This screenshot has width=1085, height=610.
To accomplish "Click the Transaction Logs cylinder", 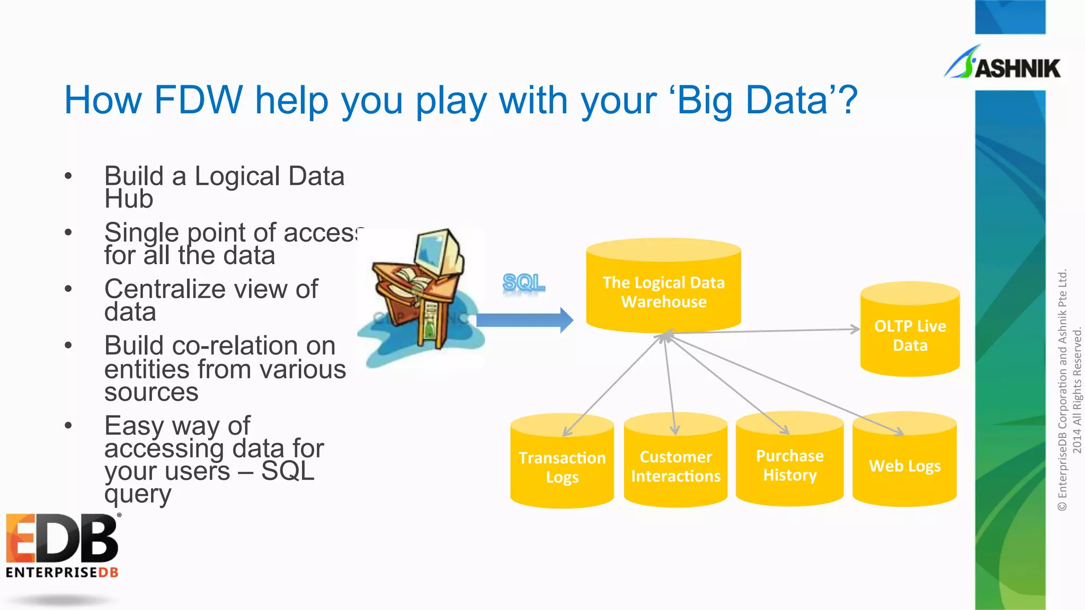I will pos(562,466).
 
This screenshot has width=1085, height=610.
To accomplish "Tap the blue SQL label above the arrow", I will pos(523,282).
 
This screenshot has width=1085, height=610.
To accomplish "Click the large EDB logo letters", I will pos(62,539).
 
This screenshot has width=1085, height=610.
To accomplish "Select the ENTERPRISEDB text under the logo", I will pos(62,572).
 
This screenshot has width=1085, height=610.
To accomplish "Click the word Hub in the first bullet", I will pos(129,199).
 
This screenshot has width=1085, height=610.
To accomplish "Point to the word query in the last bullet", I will pos(138,494).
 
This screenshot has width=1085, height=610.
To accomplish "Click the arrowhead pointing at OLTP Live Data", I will pos(855,329).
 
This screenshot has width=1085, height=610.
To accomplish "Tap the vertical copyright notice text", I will pos(1069,391).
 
